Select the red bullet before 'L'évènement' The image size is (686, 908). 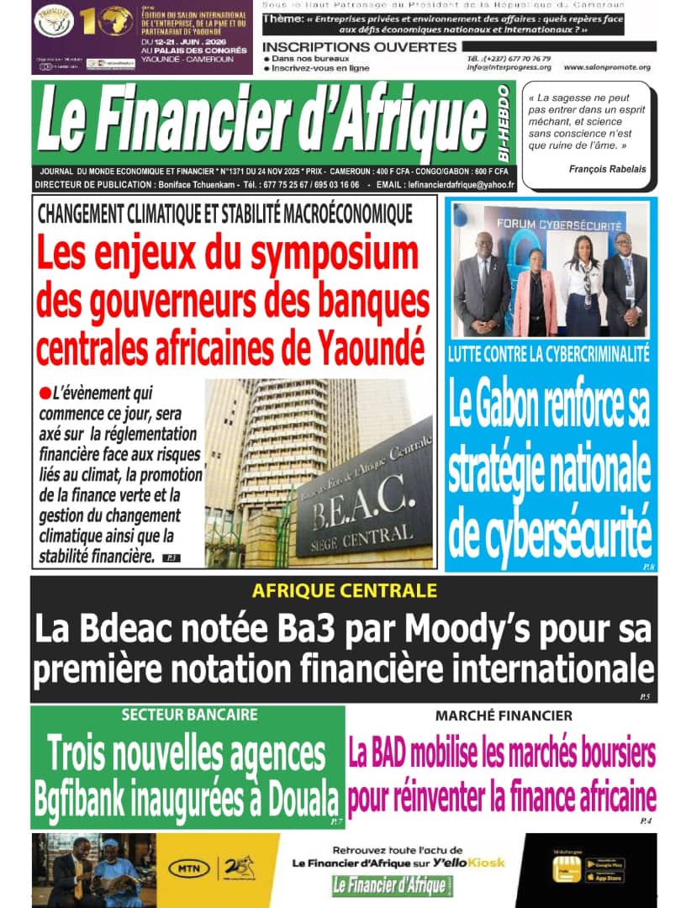click(45, 391)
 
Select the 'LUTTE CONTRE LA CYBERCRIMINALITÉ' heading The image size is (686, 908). click(549, 355)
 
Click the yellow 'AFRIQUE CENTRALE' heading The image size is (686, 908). click(343, 590)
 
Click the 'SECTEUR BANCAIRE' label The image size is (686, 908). click(189, 715)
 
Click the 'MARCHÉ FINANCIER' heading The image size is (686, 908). click(504, 716)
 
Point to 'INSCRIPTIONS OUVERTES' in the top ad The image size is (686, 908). click(359, 46)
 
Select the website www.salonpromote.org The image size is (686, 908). click(607, 67)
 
